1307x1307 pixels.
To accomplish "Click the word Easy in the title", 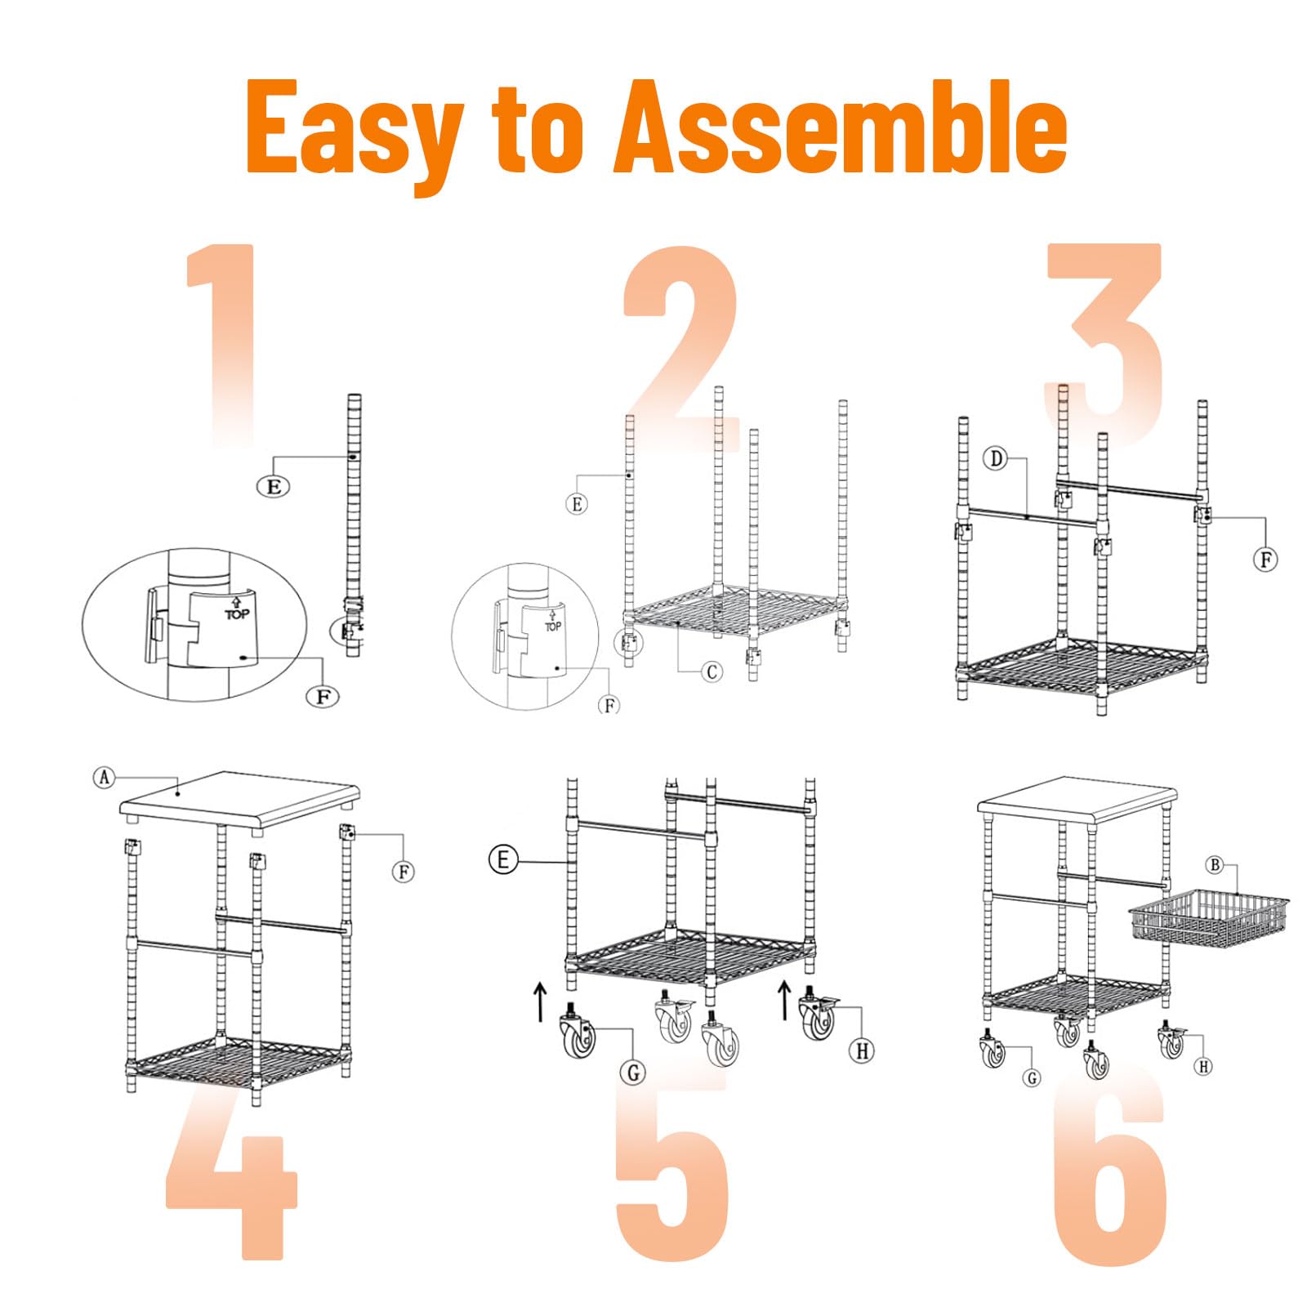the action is click(x=355, y=136).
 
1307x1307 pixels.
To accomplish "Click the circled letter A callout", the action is click(x=104, y=777).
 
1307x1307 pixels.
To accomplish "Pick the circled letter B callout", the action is click(x=1215, y=865).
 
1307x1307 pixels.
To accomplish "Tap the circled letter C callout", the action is click(x=712, y=671).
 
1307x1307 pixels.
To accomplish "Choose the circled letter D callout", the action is click(x=996, y=458).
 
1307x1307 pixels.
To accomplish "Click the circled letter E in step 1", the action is click(x=274, y=487).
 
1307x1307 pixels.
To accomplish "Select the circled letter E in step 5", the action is click(x=503, y=859).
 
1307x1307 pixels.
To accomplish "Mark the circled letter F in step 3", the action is click(x=1265, y=560).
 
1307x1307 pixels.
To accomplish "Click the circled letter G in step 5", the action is click(x=633, y=1073).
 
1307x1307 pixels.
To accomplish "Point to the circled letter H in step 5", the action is click(x=863, y=1050).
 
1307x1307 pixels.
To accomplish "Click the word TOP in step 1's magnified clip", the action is click(x=237, y=614).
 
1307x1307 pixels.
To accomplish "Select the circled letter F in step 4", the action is click(x=404, y=872).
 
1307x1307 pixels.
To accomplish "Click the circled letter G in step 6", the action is click(x=1033, y=1078).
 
